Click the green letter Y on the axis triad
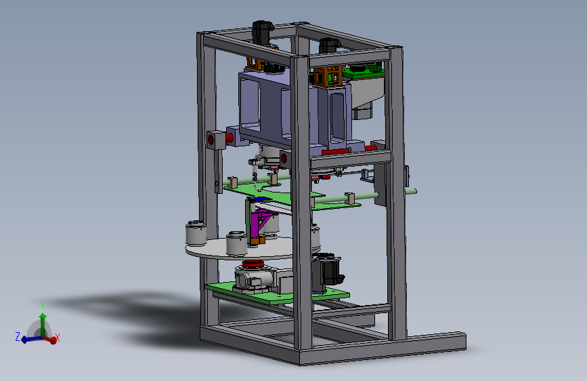coord(43,305)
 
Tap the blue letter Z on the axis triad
coord(18,336)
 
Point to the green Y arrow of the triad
coord(43,325)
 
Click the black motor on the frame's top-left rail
coord(262,33)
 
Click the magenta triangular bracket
coord(262,223)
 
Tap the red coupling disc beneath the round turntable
coord(253,264)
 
